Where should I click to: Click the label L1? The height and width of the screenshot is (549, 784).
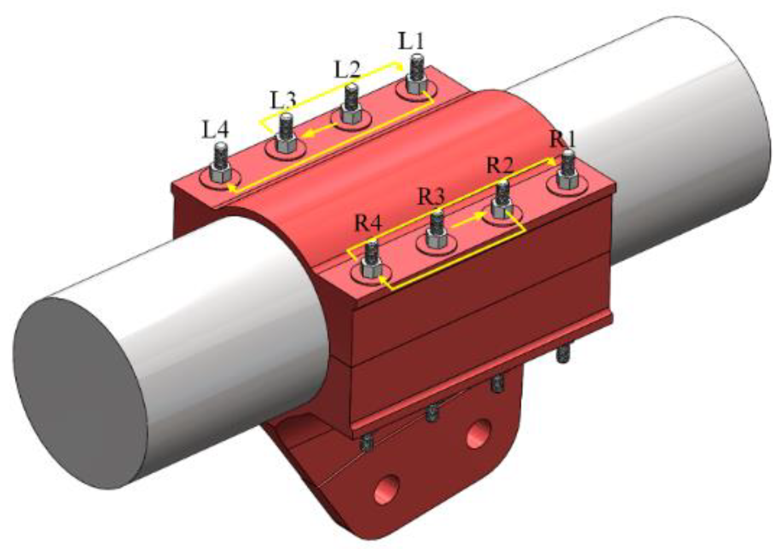pos(411,42)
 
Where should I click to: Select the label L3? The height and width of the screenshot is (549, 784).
pos(283,100)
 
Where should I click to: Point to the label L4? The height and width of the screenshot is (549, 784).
pos(216,131)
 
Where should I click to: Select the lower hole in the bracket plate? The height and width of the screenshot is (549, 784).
pos(387,489)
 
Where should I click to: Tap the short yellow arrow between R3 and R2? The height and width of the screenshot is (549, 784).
pos(467,221)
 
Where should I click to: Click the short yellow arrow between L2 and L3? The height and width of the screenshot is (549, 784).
pos(320,129)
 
